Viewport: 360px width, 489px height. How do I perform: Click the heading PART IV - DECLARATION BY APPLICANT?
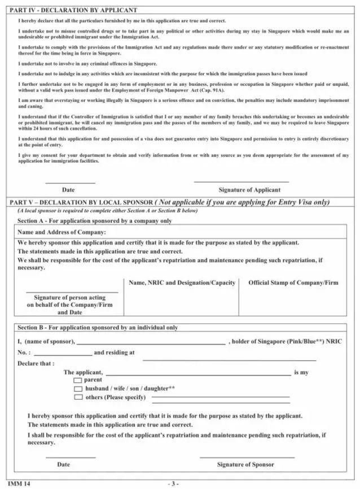[x=73, y=10]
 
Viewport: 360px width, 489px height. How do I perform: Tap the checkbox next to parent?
[x=78, y=381]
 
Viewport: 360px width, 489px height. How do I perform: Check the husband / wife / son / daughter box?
[x=78, y=388]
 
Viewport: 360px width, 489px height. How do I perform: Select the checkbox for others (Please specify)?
[x=78, y=397]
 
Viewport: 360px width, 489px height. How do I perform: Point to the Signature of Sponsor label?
[x=245, y=464]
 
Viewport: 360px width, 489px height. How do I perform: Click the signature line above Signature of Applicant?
[x=241, y=182]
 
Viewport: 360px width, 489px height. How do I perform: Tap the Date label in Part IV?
[x=68, y=190]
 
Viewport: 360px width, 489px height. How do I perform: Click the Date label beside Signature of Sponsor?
[x=64, y=464]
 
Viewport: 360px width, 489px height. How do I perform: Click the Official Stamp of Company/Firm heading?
[x=293, y=282]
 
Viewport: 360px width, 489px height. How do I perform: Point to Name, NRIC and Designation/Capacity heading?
[x=182, y=282]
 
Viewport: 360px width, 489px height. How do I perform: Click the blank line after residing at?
[x=229, y=359]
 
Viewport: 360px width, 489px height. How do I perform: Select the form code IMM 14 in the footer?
[x=19, y=483]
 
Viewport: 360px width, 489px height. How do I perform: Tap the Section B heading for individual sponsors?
[x=98, y=327]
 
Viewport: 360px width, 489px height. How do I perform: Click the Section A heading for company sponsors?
[x=94, y=220]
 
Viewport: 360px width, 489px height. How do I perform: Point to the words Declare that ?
[x=36, y=363]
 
